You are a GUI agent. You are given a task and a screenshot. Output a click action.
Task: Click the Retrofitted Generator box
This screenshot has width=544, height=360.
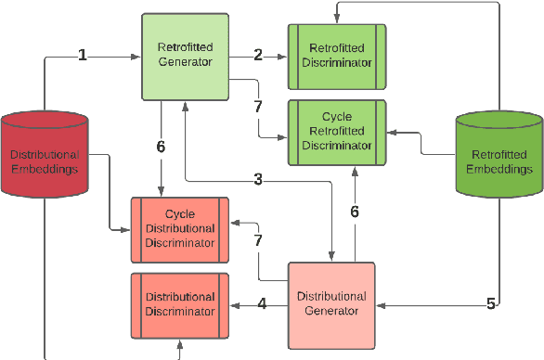click(x=186, y=56)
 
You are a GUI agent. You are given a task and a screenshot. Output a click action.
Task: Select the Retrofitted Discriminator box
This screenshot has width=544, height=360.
click(x=337, y=56)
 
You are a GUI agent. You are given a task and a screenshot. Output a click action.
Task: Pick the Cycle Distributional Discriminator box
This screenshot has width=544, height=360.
click(x=180, y=228)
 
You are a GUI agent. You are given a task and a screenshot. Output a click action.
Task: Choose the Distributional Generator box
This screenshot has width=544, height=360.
click(x=331, y=303)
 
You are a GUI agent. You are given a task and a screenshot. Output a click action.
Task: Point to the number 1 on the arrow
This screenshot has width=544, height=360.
click(x=83, y=56)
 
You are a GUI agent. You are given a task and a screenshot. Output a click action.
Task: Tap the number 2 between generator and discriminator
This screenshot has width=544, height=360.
click(x=258, y=56)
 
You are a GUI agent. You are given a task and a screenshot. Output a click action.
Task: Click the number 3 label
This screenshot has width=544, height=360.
click(x=257, y=178)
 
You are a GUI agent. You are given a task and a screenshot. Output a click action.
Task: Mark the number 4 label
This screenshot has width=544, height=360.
click(x=262, y=303)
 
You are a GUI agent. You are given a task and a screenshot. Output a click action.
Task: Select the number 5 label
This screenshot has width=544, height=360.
click(x=491, y=303)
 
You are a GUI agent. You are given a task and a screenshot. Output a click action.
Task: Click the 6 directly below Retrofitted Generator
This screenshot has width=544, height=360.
click(x=162, y=146)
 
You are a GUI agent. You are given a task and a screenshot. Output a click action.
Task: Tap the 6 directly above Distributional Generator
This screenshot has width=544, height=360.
click(x=355, y=211)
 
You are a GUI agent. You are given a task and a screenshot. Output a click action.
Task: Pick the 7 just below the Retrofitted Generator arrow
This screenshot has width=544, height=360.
click(x=258, y=106)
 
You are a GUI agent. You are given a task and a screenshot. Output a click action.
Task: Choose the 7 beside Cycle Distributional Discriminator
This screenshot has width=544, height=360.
click(x=258, y=239)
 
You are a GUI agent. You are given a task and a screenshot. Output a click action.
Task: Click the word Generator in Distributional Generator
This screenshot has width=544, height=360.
click(x=331, y=311)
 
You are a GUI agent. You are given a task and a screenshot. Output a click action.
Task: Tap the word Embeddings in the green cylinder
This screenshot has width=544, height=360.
click(x=499, y=170)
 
